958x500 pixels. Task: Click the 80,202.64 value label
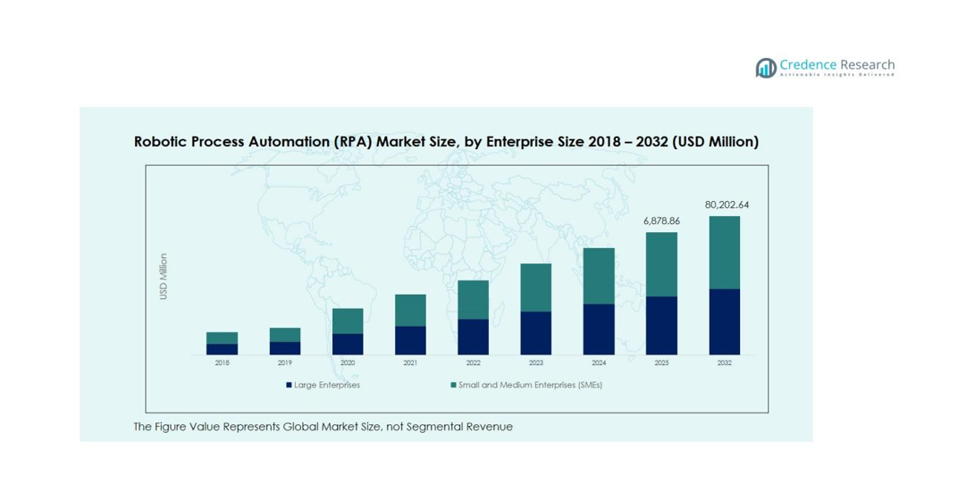(727, 204)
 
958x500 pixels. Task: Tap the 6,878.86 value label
(661, 221)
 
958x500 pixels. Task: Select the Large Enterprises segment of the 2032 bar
(725, 321)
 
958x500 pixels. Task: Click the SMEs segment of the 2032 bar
(725, 252)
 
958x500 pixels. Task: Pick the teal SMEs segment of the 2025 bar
(661, 264)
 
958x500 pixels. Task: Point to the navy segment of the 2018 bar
(222, 349)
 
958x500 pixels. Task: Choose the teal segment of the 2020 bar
(348, 321)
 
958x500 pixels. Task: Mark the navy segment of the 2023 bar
(536, 333)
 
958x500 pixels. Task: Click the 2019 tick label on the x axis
(284, 363)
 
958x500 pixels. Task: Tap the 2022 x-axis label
(473, 363)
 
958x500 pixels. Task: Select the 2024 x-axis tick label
(599, 363)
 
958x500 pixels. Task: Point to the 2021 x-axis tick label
(410, 363)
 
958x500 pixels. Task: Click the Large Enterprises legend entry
(324, 386)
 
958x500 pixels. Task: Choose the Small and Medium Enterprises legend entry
(526, 386)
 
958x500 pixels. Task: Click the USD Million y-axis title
(164, 277)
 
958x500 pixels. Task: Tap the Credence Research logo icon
(765, 68)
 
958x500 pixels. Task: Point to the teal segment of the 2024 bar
(599, 276)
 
